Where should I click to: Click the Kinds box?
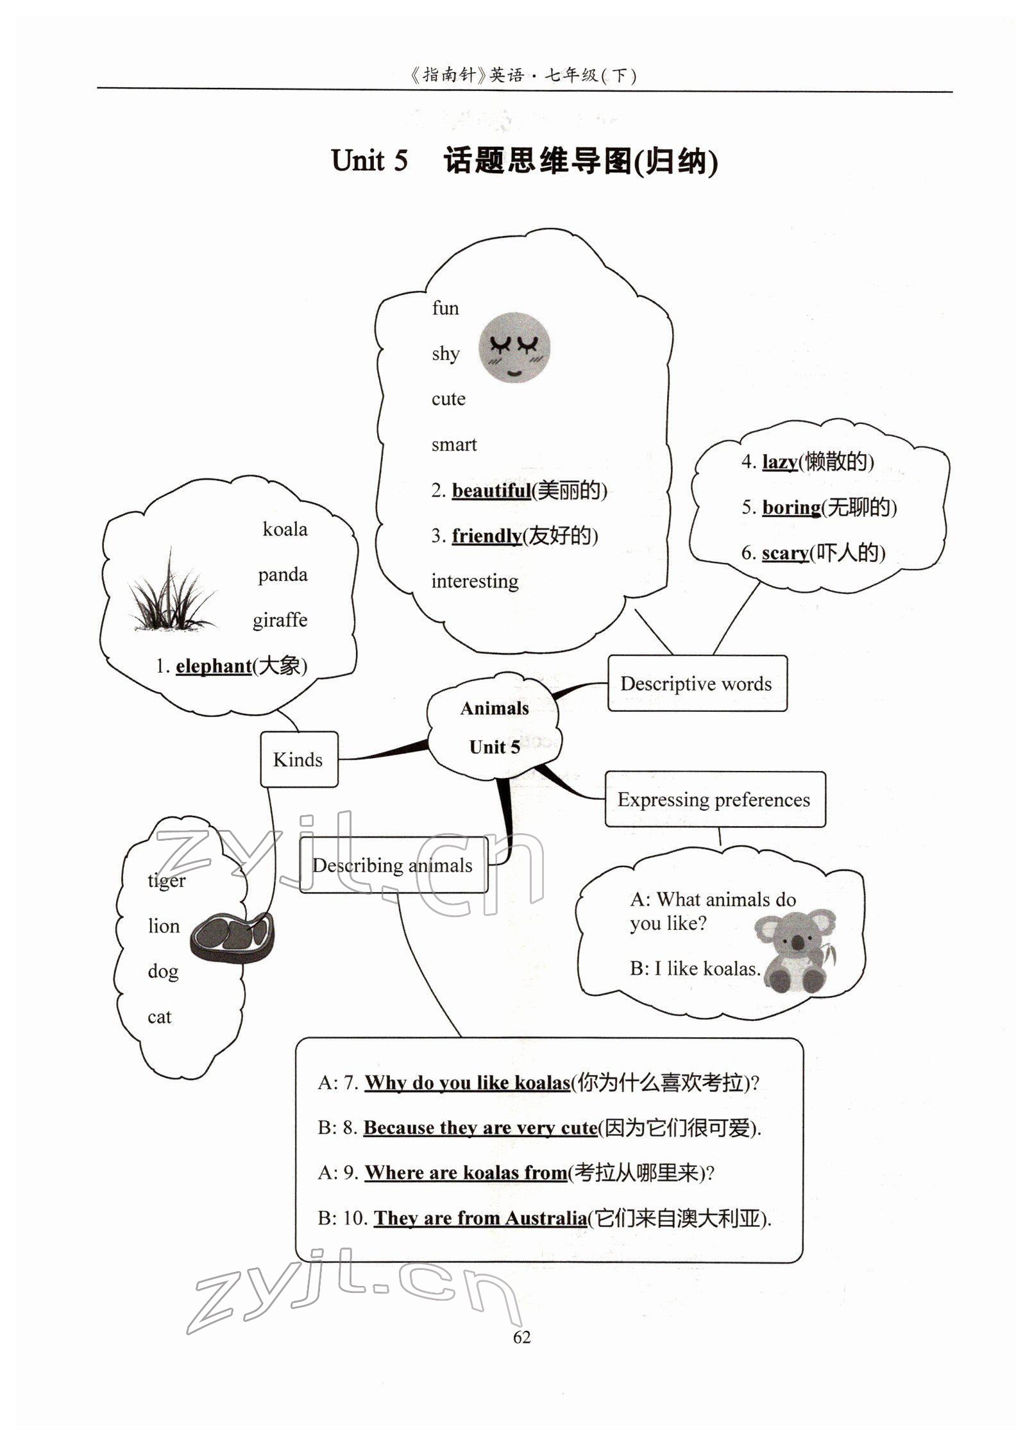point(298,759)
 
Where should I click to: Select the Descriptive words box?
point(697,684)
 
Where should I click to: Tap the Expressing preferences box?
point(715,800)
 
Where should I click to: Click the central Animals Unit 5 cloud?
point(495,727)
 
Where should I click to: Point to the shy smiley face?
point(514,348)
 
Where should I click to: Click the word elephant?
point(214,666)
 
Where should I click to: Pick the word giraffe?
point(280,620)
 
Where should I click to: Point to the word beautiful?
point(491,491)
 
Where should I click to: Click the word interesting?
point(475,582)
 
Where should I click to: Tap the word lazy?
point(779,462)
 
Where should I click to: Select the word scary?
point(784,553)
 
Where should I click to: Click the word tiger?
point(166,881)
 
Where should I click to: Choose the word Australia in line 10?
point(546,1219)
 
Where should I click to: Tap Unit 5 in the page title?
point(369,160)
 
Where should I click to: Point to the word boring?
point(791,507)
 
